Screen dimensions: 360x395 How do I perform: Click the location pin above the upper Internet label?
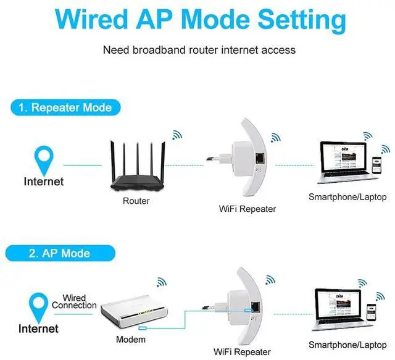coord(43,159)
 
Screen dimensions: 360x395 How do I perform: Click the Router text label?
coord(136,201)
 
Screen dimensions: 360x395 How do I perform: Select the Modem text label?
coord(131,340)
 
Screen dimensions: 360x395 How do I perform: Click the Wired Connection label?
coord(74,301)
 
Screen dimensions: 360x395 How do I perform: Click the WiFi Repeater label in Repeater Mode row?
coord(247,209)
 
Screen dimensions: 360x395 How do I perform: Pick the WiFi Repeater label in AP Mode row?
coord(242,351)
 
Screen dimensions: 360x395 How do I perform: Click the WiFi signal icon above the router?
coord(177,135)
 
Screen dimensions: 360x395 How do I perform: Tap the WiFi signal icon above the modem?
coord(162,282)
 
